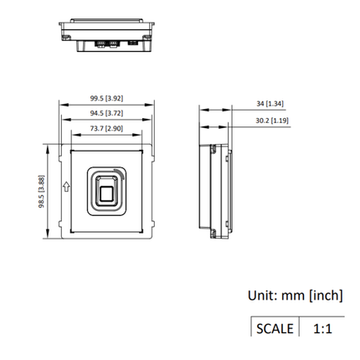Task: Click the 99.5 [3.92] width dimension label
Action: coord(105,98)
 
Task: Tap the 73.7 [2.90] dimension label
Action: coord(105,128)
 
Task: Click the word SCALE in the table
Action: coord(274,327)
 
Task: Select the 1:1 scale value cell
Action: coord(322,327)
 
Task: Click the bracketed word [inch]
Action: coord(325,295)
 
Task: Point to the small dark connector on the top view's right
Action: coord(132,40)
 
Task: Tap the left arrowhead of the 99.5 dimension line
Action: coord(60,104)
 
